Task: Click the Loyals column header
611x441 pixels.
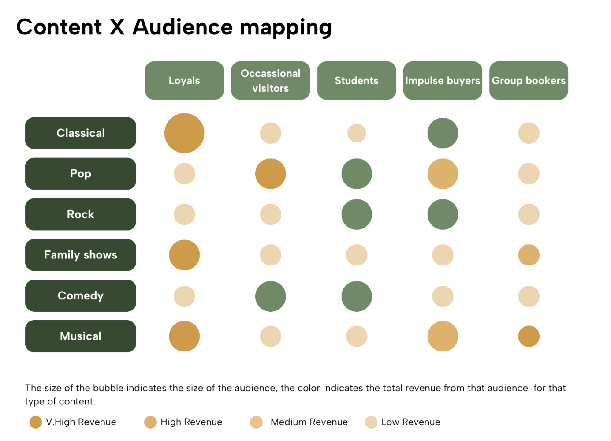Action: coord(184,81)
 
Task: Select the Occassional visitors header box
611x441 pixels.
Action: coord(271,81)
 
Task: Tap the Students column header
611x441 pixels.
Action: coord(357,81)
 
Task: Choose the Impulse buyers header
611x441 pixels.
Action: coord(443,81)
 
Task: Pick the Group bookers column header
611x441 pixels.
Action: coord(529,81)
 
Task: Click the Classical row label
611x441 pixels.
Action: coord(81,133)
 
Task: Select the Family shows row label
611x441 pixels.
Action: coord(81,255)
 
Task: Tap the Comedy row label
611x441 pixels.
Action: coord(81,296)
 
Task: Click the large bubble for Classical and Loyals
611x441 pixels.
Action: coord(184,133)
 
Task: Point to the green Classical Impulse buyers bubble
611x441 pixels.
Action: coord(443,133)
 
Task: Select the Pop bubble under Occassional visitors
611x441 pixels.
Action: coord(271,174)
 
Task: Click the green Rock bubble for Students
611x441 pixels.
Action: coord(357,214)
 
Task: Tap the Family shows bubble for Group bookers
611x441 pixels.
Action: coord(529,255)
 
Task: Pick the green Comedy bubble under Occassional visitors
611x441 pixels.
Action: coord(271,296)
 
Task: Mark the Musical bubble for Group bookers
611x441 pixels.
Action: coord(529,336)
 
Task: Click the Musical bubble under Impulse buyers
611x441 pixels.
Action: coord(443,336)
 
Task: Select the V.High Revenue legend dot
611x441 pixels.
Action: coord(36,422)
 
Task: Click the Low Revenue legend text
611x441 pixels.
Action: coord(411,422)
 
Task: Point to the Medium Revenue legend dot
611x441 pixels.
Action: coord(257,422)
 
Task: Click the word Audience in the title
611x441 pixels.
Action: coord(183,27)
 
